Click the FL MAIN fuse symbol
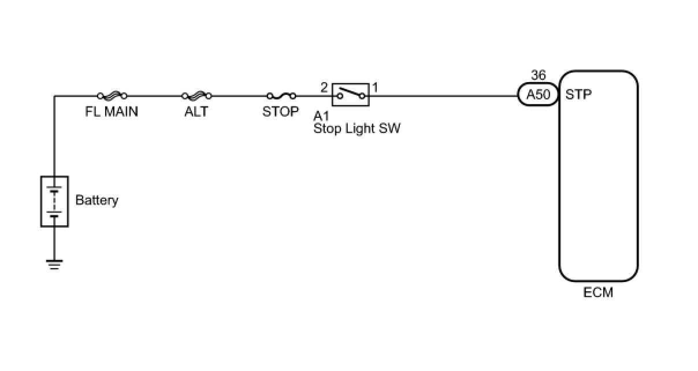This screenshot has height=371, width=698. pyautogui.click(x=112, y=96)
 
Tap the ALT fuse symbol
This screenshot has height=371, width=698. pyautogui.click(x=196, y=96)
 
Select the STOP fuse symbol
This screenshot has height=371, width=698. pyautogui.click(x=281, y=96)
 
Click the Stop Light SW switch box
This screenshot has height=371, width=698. pyautogui.click(x=350, y=94)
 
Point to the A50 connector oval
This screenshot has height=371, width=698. pyautogui.click(x=539, y=95)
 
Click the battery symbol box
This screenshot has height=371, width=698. pyautogui.click(x=54, y=201)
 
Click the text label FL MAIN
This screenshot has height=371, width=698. pyautogui.click(x=112, y=112)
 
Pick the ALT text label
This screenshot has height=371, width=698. pyautogui.click(x=196, y=112)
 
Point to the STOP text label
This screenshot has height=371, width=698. pyautogui.click(x=281, y=112)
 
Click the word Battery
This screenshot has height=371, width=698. pyautogui.click(x=97, y=201)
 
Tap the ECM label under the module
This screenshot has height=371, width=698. pyautogui.click(x=598, y=293)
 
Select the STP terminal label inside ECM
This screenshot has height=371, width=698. pyautogui.click(x=579, y=95)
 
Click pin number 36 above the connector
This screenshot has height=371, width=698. pyautogui.click(x=538, y=76)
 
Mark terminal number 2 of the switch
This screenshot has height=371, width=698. pyautogui.click(x=324, y=88)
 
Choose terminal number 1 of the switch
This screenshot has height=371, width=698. pyautogui.click(x=375, y=88)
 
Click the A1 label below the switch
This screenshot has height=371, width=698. pyautogui.click(x=321, y=115)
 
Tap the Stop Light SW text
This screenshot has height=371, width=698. pyautogui.click(x=357, y=128)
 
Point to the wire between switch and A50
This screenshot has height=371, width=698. pyautogui.click(x=445, y=96)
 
